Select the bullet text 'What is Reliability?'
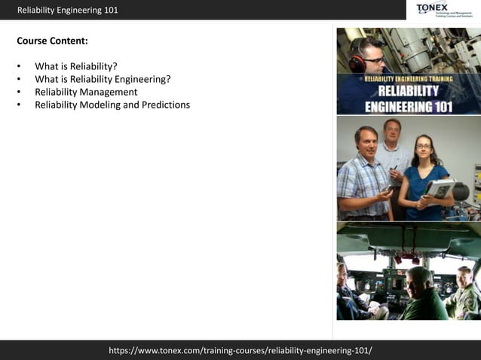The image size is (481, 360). coord(76,66)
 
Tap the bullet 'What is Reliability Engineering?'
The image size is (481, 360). coord(103,79)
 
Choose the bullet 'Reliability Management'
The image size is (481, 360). coord(86,92)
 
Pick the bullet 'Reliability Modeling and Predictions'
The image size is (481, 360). coord(112,105)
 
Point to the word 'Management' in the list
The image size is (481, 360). coord(112,92)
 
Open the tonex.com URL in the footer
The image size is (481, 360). coord(240,350)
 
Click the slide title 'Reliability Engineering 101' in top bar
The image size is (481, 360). coord(68,10)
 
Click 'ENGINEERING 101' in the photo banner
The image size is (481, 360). coord(409,106)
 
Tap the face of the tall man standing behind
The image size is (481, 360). coord(391,131)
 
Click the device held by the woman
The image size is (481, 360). coord(440,188)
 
